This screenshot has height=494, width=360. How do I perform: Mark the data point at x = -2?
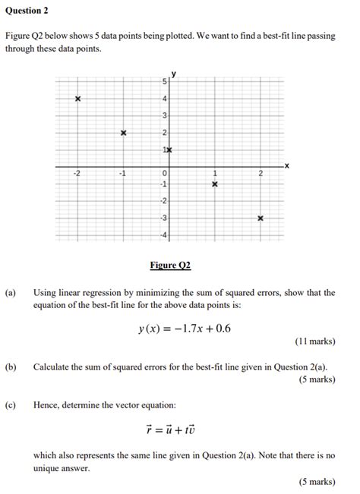click(x=77, y=99)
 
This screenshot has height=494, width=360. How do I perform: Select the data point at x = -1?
click(x=123, y=133)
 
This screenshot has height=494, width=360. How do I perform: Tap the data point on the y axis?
click(x=170, y=150)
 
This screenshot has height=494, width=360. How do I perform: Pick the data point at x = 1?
click(x=215, y=184)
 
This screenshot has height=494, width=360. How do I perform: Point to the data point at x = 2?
click(x=261, y=218)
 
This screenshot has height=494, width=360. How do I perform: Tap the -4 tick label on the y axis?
click(x=163, y=234)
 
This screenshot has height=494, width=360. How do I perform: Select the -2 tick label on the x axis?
click(x=77, y=174)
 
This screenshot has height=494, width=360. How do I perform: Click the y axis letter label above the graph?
click(x=173, y=74)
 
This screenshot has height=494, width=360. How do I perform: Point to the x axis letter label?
click(x=286, y=165)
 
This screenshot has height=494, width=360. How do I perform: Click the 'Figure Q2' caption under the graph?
click(x=170, y=265)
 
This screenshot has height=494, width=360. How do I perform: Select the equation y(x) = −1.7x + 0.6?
click(x=179, y=328)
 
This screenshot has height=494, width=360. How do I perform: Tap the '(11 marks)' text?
click(x=314, y=341)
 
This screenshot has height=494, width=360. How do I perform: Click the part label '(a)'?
click(x=11, y=292)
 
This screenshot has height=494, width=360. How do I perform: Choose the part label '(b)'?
click(x=11, y=367)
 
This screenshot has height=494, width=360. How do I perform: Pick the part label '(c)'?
click(x=11, y=404)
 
